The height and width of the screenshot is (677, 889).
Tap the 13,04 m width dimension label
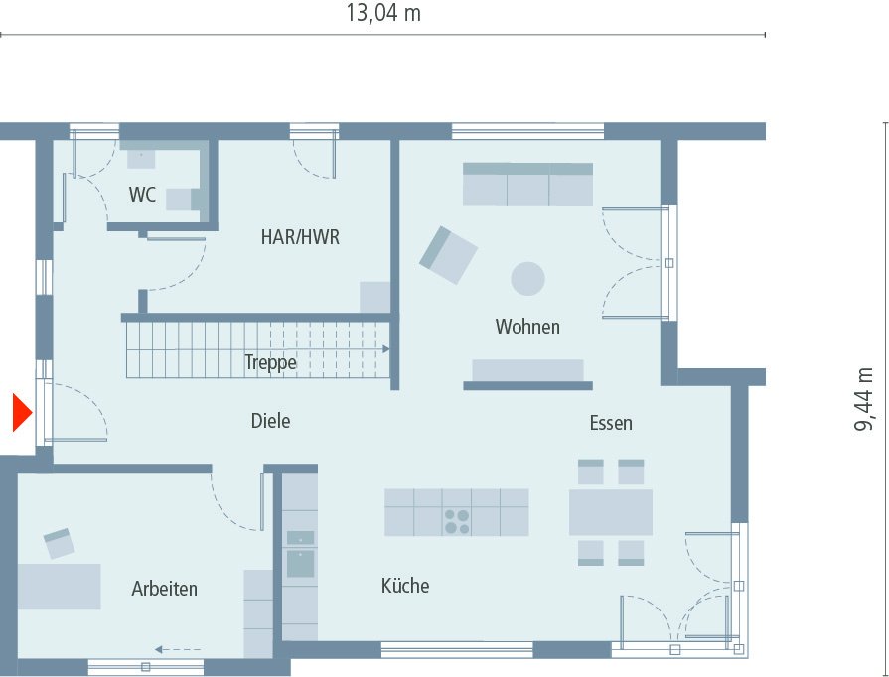click(382, 14)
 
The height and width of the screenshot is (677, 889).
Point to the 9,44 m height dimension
click(865, 399)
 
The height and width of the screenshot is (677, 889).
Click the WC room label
click(142, 195)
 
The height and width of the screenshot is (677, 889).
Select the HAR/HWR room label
click(300, 237)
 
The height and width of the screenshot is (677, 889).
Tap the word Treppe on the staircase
click(270, 363)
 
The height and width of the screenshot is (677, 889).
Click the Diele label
click(270, 421)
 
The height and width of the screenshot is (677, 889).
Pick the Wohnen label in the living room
click(527, 327)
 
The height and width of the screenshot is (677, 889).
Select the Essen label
click(610, 423)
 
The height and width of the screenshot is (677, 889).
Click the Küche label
click(405, 586)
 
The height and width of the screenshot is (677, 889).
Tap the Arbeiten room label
click(165, 589)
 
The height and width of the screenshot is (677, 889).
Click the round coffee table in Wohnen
click(527, 278)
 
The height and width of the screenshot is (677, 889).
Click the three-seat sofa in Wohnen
click(527, 185)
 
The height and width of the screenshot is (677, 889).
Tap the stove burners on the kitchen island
click(457, 521)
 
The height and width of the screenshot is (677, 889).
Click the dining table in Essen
click(610, 512)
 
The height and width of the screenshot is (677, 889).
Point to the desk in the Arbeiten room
click(59, 586)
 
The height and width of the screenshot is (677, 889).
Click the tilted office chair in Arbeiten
click(59, 542)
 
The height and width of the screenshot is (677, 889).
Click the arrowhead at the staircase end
click(384, 349)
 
